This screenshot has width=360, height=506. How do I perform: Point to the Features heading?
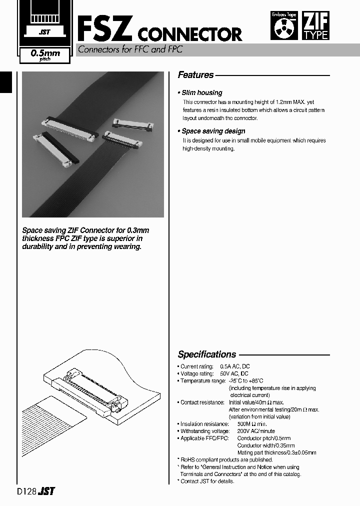[x=195, y=75]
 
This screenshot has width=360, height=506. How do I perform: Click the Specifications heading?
[x=206, y=354]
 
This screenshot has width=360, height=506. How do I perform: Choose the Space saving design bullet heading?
[x=212, y=131]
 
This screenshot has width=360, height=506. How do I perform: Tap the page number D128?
[x=26, y=491]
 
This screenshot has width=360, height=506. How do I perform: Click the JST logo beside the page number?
[x=47, y=491]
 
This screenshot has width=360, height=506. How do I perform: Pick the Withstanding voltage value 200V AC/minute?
[x=255, y=431]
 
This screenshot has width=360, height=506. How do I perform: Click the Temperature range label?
[x=202, y=381]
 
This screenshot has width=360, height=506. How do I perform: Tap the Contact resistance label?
[x=202, y=402]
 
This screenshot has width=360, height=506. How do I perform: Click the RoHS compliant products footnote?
[x=225, y=459]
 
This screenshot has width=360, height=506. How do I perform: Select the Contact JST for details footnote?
[x=206, y=481]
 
